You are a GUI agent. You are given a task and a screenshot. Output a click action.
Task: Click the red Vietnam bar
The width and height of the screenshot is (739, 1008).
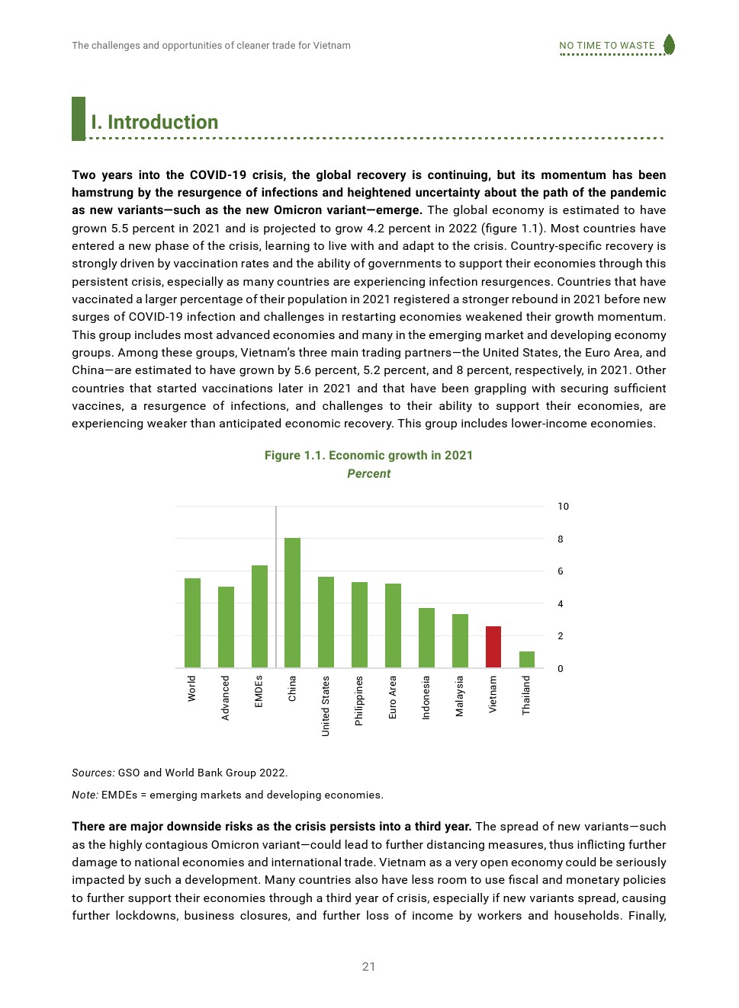(x=493, y=647)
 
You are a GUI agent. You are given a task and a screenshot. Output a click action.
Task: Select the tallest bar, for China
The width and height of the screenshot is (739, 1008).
(x=292, y=603)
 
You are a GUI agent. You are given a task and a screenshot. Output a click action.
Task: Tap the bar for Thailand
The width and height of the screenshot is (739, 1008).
(x=527, y=659)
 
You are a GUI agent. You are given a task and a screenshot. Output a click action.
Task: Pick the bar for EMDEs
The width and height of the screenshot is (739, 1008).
(x=259, y=616)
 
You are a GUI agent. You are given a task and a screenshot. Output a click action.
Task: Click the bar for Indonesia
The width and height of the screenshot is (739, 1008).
(x=426, y=638)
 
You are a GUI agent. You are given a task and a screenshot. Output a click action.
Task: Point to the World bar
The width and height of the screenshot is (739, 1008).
(x=192, y=622)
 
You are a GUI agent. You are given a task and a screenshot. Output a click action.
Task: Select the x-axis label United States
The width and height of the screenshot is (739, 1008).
(x=326, y=706)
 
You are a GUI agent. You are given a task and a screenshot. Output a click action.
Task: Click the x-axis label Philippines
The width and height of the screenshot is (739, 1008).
(x=359, y=700)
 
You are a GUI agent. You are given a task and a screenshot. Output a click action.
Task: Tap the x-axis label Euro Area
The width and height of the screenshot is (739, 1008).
(x=393, y=696)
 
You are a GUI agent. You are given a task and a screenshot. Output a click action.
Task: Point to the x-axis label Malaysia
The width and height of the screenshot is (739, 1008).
(x=460, y=696)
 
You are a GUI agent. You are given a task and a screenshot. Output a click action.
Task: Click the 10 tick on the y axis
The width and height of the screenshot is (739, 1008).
(x=563, y=507)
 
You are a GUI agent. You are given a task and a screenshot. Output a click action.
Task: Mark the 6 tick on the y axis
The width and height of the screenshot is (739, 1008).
(x=561, y=571)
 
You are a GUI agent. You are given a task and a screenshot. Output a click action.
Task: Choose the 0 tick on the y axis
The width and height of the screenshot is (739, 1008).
(x=561, y=669)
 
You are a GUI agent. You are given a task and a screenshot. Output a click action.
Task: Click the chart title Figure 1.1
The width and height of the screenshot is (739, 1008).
(x=368, y=456)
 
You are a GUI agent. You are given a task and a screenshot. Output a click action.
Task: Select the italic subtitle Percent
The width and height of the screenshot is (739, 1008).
(x=368, y=474)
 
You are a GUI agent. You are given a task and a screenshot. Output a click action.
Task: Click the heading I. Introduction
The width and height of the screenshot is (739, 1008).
(x=155, y=123)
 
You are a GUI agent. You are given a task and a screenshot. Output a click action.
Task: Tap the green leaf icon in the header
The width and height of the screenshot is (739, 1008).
(x=669, y=44)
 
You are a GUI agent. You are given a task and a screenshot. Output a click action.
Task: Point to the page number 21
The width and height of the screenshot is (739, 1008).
(x=369, y=967)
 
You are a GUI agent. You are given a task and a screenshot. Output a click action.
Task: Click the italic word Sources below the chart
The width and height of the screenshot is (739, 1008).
(x=93, y=773)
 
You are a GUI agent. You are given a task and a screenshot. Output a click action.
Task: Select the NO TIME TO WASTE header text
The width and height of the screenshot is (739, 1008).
(x=606, y=46)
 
